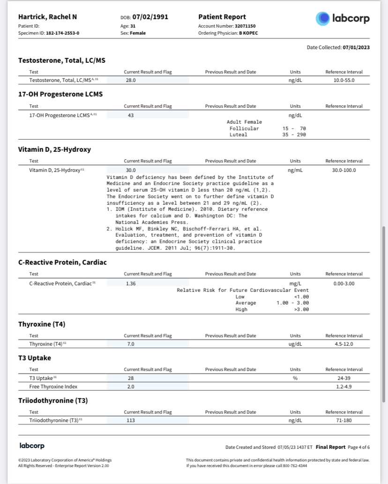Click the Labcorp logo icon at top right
coord(323,18)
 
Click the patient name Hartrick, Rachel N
coord(48,17)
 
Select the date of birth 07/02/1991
coord(150,17)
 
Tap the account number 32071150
coord(245,26)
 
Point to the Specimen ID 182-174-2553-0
coord(62,33)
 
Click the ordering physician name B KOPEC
coord(248,33)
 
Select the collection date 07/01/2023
coord(356,47)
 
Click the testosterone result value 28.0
coord(131,81)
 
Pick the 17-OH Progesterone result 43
coord(131,115)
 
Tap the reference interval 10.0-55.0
coord(344,81)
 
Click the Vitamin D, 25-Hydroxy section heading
coord(54,149)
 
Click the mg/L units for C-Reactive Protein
coord(295,283)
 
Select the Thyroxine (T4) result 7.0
coord(131,344)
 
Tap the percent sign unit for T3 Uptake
coord(295,378)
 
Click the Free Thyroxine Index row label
coord(53,387)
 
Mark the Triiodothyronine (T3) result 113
coord(131,420)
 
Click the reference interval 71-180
coord(344,420)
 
